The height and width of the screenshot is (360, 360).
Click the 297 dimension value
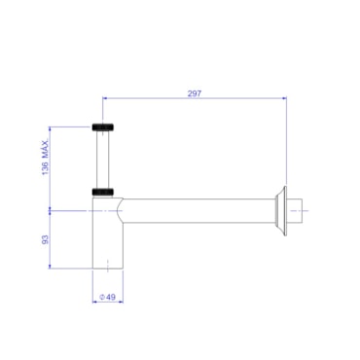[195, 93]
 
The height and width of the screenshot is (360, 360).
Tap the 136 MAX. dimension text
[45, 158]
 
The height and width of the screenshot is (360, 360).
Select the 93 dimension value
[45, 239]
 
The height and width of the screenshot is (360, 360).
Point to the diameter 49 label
[107, 297]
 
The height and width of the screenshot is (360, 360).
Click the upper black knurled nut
[103, 127]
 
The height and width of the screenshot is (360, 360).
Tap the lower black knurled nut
[103, 192]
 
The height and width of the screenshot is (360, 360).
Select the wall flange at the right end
[281, 211]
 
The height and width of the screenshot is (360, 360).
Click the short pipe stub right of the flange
[295, 211]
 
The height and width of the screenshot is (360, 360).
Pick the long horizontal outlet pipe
[198, 211]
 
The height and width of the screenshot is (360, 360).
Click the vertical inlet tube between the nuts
[103, 160]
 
